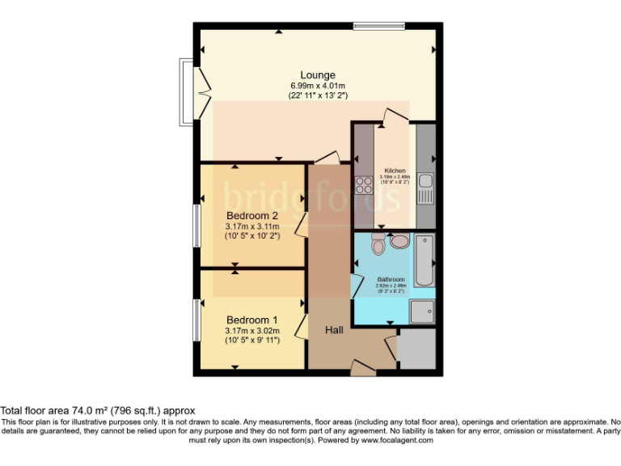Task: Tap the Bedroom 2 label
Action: click(251, 215)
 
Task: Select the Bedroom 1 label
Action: click(251, 319)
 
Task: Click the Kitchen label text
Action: click(395, 171)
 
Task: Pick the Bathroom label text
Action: click(390, 279)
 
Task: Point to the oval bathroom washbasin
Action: click(399, 240)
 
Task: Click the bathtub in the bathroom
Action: click(424, 261)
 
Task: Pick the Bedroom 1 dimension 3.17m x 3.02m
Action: click(251, 330)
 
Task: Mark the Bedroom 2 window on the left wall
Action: click(196, 224)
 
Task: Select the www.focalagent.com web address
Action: click(397, 440)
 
